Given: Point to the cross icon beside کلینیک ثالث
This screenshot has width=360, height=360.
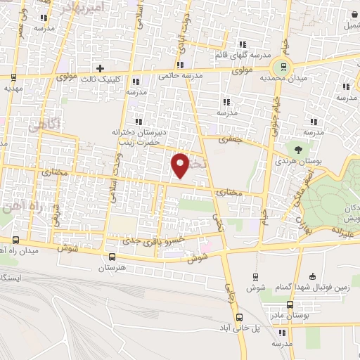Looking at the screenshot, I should (x=101, y=68).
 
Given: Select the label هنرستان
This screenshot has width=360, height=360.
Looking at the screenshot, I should (x=111, y=268).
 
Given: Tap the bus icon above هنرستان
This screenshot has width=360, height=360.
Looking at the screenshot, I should (x=111, y=257).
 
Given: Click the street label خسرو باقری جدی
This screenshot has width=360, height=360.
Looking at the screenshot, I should (x=153, y=240).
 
